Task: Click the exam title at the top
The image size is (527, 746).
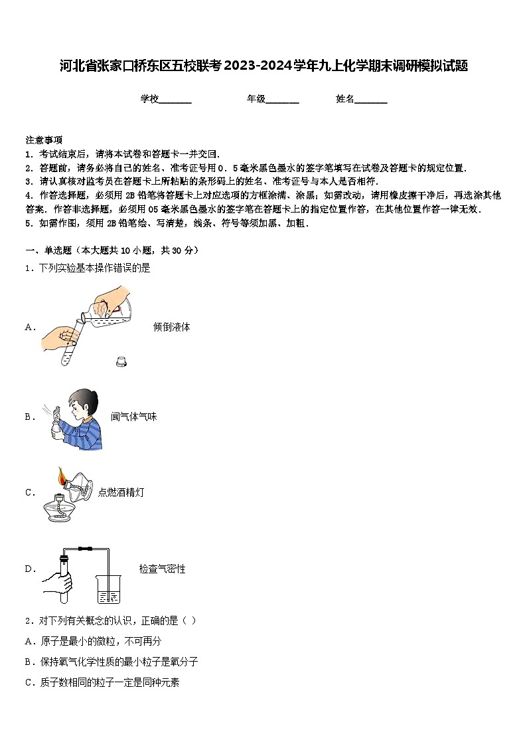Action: pos(263,66)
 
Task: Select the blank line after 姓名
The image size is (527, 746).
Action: pos(371,100)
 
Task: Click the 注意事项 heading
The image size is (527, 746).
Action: pos(44,140)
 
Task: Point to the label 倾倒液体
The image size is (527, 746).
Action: pos(171,327)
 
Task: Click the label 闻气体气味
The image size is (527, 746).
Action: pos(133,417)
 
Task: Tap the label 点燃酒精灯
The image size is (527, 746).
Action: pos(121,492)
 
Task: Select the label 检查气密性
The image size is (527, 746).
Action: pos(162,569)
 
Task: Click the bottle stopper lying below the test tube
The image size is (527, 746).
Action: pos(121,362)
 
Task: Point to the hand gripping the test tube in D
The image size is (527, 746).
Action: pos(58,583)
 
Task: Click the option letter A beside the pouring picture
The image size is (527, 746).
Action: pos(29,327)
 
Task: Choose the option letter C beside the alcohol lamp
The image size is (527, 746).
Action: pos(29,492)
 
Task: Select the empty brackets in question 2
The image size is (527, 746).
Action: pos(188,620)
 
